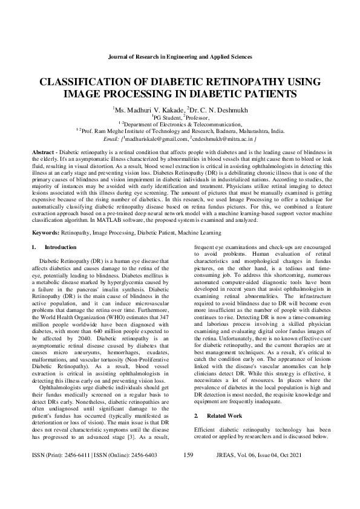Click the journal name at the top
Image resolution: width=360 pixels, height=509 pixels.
pos(180,56)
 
